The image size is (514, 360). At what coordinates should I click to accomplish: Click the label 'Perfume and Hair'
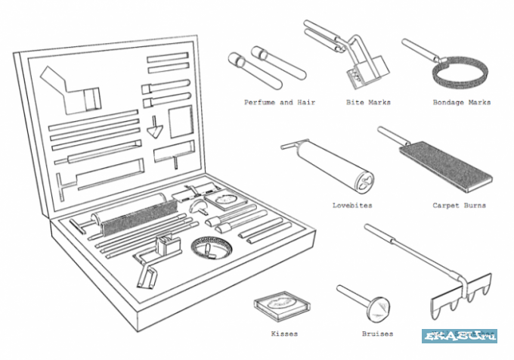pos(280,102)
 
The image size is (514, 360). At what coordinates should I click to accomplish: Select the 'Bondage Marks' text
pos(461,102)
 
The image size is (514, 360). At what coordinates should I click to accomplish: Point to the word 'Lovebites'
pos(352,205)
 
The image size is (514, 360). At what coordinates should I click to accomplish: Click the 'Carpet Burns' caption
pos(459,205)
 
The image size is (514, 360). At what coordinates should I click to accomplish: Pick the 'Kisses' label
pos(283,333)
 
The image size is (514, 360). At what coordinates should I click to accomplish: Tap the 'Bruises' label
pos(377,333)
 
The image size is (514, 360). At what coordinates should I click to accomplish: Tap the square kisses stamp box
pos(282,303)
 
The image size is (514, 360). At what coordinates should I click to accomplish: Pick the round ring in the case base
pos(211,246)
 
